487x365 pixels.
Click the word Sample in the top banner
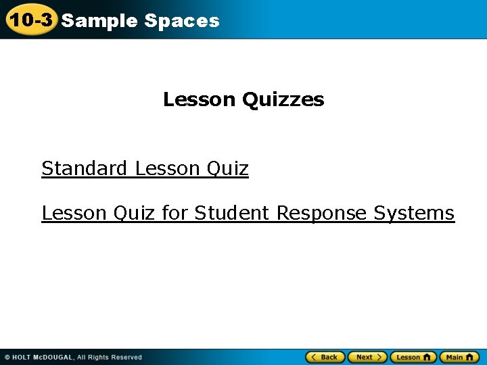[x=99, y=21]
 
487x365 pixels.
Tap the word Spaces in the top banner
[x=182, y=21]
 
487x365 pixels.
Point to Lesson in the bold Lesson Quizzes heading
[x=199, y=100]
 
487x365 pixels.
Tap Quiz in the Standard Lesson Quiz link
[x=227, y=168]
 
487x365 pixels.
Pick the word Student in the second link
[x=232, y=213]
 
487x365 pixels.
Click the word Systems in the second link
[x=414, y=213]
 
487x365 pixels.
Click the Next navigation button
[x=367, y=357]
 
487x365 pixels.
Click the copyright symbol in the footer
[x=7, y=358]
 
